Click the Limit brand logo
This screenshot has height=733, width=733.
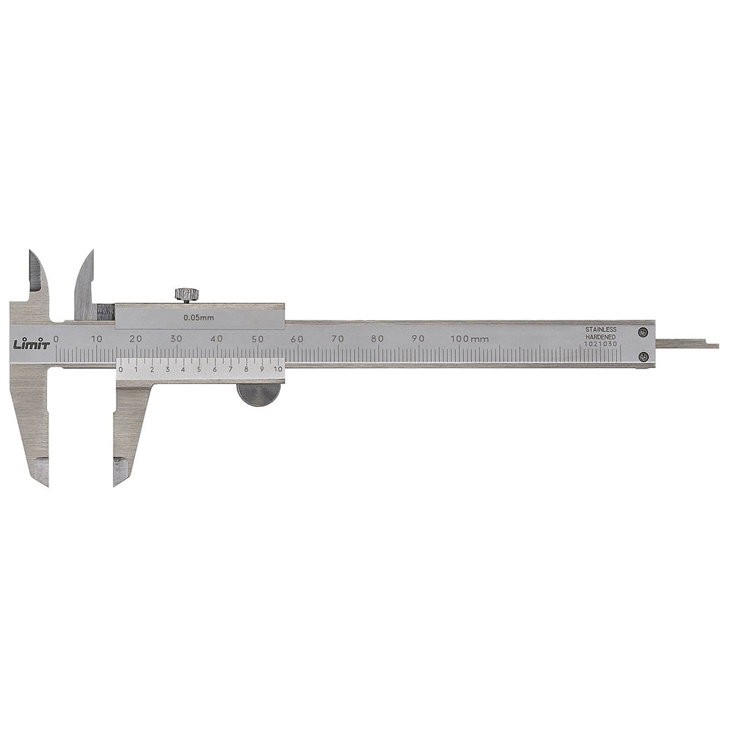[31, 344]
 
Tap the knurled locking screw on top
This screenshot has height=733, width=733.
[187, 295]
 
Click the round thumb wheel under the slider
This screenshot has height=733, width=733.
[257, 394]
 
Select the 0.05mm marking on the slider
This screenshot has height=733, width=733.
[198, 317]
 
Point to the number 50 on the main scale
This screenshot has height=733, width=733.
[257, 339]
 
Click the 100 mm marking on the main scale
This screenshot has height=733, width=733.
[469, 339]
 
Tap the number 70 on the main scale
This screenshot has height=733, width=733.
[337, 339]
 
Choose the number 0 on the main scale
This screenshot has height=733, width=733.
[56, 339]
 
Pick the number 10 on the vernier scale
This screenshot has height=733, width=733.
[278, 369]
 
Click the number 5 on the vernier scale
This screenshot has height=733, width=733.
[199, 369]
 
